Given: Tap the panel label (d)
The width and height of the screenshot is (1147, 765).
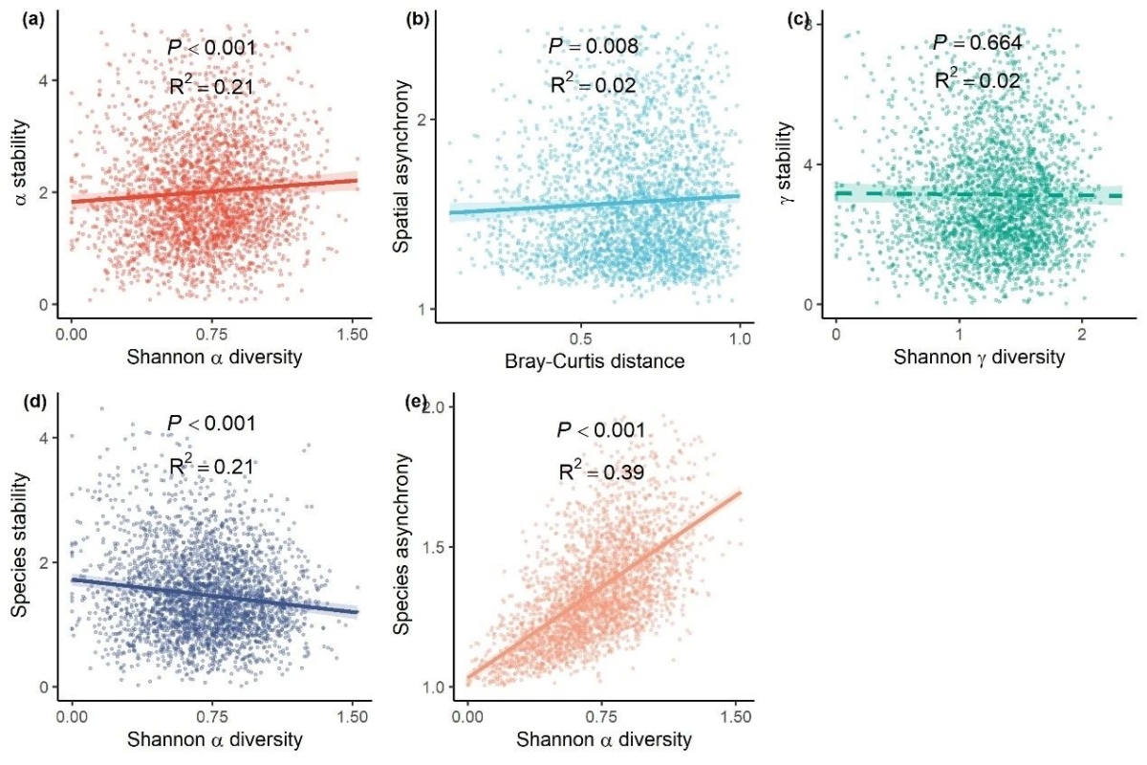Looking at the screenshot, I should click(x=20, y=401).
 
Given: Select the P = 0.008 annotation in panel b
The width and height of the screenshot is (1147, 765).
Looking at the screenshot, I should click(x=593, y=46).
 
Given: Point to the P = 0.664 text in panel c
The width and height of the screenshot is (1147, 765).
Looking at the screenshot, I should click(x=976, y=43).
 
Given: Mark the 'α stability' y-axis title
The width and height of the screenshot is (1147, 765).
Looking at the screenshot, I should click(x=21, y=159).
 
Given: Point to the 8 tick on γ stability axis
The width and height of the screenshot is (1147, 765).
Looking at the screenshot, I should click(x=808, y=24).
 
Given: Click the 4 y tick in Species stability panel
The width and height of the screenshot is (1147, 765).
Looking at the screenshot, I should click(x=43, y=437).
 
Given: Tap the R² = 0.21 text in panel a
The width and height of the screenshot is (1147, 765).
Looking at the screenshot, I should click(x=210, y=87).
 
